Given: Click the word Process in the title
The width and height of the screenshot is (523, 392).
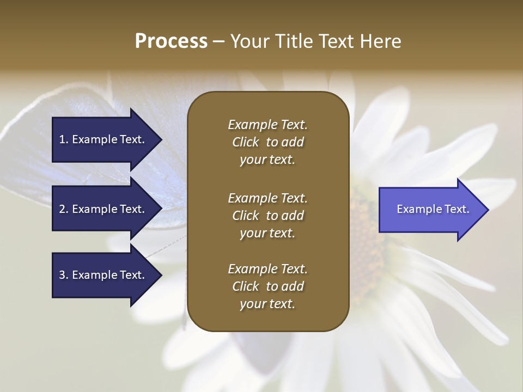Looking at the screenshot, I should [x=171, y=41].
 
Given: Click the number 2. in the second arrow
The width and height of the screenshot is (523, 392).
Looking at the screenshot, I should [x=64, y=209].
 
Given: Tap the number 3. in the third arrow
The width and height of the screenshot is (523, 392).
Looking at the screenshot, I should [x=64, y=275].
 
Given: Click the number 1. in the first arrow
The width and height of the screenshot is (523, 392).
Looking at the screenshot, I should [x=64, y=139].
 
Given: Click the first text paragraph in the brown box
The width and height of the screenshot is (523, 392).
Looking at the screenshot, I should [x=267, y=142].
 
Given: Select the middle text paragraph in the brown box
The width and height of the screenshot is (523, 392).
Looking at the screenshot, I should [x=267, y=216].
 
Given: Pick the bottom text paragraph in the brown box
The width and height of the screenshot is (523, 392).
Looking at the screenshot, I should [x=267, y=286].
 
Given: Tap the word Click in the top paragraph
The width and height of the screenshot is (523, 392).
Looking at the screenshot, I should [x=246, y=142].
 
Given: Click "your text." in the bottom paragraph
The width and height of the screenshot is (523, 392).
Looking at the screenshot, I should [x=267, y=304].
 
